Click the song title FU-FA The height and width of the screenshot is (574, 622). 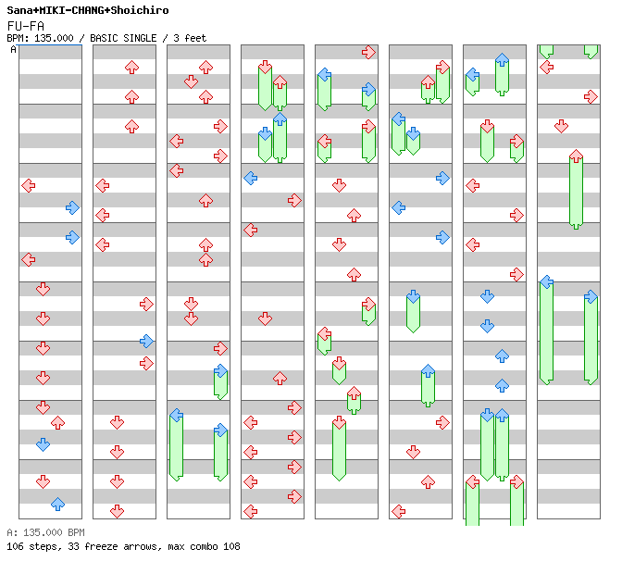(25, 26)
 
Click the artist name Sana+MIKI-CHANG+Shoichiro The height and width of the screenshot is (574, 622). (88, 10)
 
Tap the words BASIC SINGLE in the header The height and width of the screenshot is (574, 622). (123, 38)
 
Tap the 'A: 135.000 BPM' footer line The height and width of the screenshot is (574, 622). (45, 532)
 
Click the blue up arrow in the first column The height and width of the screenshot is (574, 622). (58, 505)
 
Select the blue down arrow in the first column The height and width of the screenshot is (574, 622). (43, 444)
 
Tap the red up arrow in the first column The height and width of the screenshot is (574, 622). (58, 423)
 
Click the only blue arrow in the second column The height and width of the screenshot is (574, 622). (146, 341)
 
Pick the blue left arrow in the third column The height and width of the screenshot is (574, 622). (176, 416)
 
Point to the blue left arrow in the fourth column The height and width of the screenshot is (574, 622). (250, 178)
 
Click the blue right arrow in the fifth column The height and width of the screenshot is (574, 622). (368, 89)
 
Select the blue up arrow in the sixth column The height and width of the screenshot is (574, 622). (428, 371)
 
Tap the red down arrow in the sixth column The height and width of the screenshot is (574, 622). (413, 452)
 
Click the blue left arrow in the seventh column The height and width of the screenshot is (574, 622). (472, 75)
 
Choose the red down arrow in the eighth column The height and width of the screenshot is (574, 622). (561, 127)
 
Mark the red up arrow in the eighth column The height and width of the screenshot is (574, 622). (576, 156)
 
